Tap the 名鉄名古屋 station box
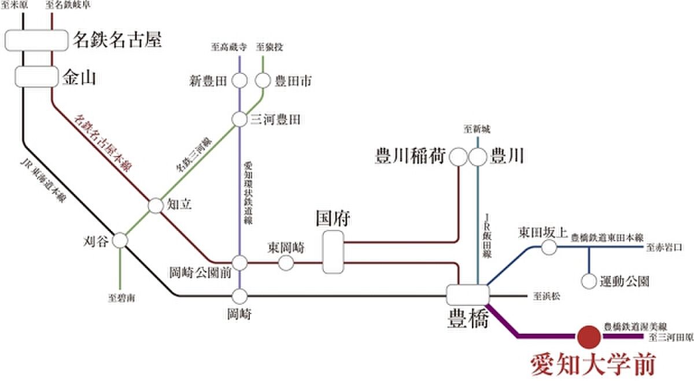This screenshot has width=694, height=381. (36, 40)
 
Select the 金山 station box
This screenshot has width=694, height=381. (36, 77)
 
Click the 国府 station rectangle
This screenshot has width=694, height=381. (333, 252)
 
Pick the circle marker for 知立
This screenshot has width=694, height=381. (156, 206)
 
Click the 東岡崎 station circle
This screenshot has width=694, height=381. (286, 263)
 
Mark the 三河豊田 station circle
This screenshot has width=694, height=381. (240, 119)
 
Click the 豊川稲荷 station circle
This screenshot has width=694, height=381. (458, 156)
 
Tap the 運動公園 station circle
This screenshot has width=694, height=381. (589, 282)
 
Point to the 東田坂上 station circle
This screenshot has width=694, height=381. (549, 248)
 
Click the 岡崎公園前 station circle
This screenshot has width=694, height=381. (240, 263)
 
